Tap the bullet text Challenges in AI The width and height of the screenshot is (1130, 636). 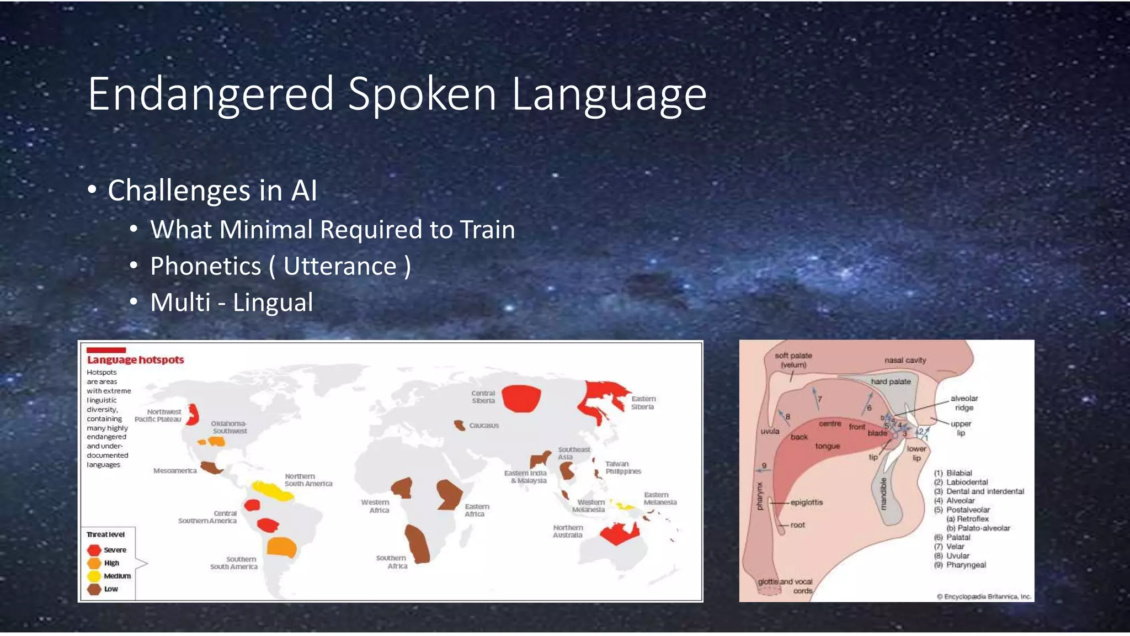click(x=212, y=191)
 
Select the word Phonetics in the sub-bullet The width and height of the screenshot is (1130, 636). click(x=205, y=267)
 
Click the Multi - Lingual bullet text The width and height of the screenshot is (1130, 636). click(x=231, y=303)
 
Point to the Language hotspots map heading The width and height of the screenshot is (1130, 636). click(x=135, y=360)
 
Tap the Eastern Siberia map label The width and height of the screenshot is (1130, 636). click(x=643, y=402)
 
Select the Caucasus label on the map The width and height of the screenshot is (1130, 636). click(x=484, y=426)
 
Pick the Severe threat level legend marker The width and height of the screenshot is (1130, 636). click(x=94, y=550)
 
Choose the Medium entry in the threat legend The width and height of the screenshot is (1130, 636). click(x=117, y=576)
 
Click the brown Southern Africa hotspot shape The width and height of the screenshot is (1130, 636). click(x=417, y=543)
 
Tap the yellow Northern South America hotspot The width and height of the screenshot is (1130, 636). click(x=271, y=490)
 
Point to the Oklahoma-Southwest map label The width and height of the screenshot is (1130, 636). click(x=229, y=427)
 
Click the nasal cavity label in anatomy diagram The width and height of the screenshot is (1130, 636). click(x=905, y=361)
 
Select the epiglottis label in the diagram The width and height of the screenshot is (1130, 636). click(x=806, y=502)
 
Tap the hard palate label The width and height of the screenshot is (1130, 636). click(x=891, y=381)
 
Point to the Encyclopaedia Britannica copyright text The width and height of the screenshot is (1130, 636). click(x=984, y=597)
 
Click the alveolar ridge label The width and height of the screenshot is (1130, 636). click(x=964, y=403)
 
